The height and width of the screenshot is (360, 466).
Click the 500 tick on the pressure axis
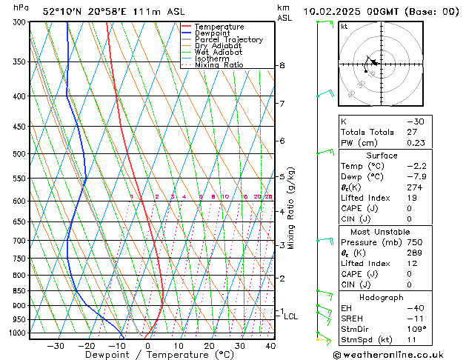point(18,154)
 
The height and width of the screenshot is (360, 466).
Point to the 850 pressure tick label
point(18,291)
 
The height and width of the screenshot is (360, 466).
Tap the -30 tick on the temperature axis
point(55,345)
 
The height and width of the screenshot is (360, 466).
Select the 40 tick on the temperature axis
point(270,345)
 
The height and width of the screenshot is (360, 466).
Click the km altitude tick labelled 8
point(282,66)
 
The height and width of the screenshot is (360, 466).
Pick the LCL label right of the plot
point(291,316)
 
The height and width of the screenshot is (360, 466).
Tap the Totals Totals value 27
point(413,132)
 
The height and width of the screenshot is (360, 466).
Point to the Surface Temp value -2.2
point(416,167)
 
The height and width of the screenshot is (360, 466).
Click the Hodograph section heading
point(382,297)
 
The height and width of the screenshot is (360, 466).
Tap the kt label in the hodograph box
point(344,26)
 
